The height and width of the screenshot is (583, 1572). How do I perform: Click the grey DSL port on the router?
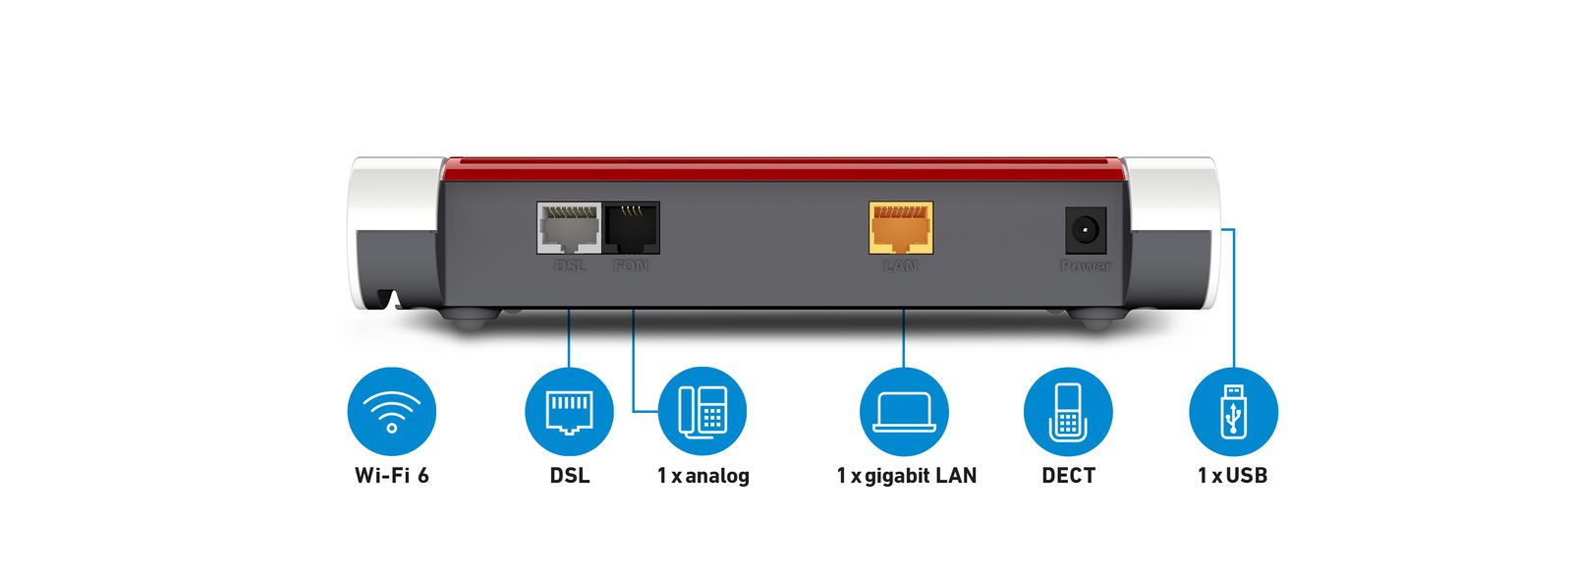coord(569,229)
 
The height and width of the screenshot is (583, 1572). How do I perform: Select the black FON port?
coord(631,228)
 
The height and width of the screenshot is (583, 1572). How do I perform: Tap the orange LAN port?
coord(901,228)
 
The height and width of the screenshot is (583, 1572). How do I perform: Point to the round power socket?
coord(1086,232)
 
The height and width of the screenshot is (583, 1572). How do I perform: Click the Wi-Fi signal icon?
coord(391,411)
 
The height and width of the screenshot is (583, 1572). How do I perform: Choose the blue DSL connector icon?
coord(569,411)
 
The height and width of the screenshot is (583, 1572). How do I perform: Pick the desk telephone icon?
coord(702,411)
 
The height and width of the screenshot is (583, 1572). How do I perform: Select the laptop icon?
coord(904,411)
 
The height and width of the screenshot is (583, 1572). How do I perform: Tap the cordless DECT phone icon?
coord(1067,411)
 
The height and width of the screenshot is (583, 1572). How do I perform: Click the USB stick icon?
coord(1233,411)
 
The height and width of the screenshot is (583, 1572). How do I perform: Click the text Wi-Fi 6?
coord(391,476)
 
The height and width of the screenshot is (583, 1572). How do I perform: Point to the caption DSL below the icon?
coord(570,476)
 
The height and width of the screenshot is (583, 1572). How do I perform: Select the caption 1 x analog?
coord(702,476)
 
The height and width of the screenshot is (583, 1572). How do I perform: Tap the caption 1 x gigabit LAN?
coord(906,476)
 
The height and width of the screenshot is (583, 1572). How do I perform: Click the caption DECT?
coord(1068,476)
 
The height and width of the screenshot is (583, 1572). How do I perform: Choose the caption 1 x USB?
coord(1232,476)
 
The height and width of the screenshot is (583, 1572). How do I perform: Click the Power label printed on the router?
coord(1086,266)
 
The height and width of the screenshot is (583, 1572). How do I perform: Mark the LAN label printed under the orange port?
coord(900,266)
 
